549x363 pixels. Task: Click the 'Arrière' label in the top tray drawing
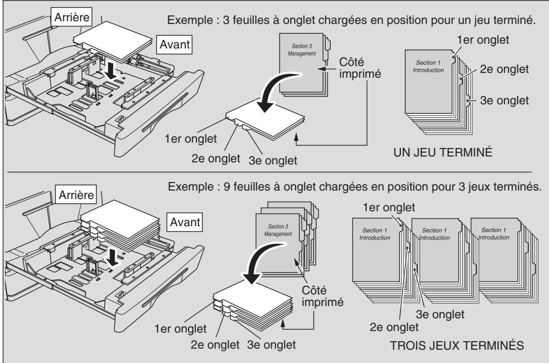click(72, 17)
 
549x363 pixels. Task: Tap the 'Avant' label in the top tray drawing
click(174, 45)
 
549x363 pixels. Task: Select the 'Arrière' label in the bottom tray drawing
click(76, 195)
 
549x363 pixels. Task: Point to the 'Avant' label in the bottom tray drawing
click(185, 222)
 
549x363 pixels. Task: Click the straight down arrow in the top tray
click(112, 69)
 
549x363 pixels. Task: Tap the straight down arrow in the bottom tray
click(112, 257)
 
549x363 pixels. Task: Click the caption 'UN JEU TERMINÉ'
click(443, 152)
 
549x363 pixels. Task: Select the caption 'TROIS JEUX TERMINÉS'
click(457, 345)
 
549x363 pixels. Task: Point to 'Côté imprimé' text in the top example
click(359, 68)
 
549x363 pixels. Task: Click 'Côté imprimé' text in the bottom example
click(323, 296)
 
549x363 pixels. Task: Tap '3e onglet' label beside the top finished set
click(504, 101)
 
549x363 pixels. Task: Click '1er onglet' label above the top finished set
click(483, 39)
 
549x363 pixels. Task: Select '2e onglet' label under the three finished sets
click(394, 327)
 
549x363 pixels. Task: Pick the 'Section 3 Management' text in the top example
click(301, 49)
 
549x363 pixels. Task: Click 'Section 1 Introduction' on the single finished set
click(428, 66)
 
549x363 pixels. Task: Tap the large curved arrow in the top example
click(276, 87)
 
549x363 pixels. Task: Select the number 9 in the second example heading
click(227, 187)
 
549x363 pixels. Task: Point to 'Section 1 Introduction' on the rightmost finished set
click(494, 234)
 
